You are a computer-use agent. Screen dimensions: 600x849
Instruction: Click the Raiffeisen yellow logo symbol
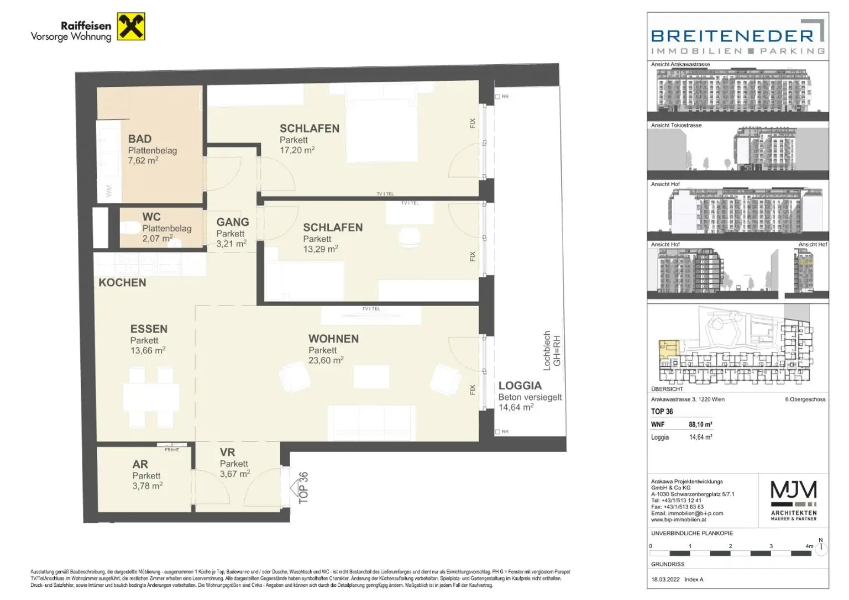[131, 27]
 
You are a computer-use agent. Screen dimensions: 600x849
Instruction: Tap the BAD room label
[139, 139]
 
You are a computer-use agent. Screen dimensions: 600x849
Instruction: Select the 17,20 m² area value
[297, 150]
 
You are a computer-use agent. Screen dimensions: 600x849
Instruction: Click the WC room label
[151, 217]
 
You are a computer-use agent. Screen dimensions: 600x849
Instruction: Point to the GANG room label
[232, 222]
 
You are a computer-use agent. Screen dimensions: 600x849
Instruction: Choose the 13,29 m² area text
[320, 249]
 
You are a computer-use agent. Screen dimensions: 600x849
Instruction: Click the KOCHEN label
[122, 282]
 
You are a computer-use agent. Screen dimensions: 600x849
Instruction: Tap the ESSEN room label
[149, 329]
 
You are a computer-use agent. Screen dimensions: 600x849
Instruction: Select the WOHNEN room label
[333, 339]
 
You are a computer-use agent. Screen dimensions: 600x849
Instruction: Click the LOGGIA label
[520, 386]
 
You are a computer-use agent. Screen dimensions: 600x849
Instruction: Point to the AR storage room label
[140, 465]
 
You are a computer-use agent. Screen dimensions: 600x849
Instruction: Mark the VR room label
[227, 452]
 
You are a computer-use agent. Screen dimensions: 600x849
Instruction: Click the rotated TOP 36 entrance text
[303, 487]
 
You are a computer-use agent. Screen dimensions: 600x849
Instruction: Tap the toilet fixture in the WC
[131, 227]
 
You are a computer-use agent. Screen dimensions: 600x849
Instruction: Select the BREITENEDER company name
[732, 36]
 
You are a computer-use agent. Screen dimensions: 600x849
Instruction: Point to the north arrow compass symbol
[821, 548]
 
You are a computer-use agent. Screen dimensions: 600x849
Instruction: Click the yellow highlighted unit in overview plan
[669, 349]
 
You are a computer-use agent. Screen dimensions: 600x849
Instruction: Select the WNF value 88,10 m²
[700, 425]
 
